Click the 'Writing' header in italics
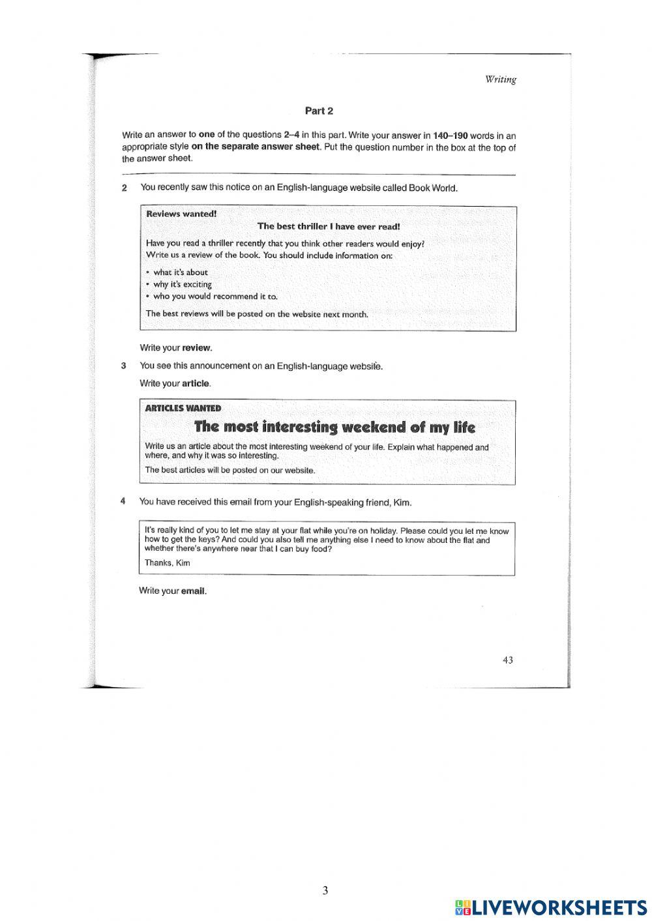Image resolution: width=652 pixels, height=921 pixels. tap(500, 80)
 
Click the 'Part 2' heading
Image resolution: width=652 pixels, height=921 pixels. tap(319, 111)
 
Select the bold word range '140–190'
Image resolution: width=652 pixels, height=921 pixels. tap(450, 136)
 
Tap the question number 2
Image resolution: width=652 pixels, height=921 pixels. tap(124, 188)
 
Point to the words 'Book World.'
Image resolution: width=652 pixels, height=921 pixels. tap(433, 188)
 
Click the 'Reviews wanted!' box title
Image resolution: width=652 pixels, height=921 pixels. tap(181, 214)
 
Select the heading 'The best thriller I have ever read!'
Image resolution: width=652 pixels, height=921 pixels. tap(329, 226)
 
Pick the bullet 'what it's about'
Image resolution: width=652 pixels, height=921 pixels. tap(180, 272)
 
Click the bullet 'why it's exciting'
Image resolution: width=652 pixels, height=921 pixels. tap(182, 284)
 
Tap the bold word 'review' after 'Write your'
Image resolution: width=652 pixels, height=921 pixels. tap(197, 348)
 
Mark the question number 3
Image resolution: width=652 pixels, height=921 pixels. tap(123, 366)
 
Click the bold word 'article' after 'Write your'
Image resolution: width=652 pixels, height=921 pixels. tap(196, 384)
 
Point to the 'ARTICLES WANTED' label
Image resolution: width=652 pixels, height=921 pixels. tap(183, 409)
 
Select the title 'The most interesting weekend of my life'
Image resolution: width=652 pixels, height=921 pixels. tap(334, 428)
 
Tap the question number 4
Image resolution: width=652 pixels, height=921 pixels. tap(123, 502)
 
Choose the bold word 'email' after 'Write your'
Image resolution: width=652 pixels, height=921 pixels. tap(194, 591)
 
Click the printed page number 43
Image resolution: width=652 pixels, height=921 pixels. tap(507, 660)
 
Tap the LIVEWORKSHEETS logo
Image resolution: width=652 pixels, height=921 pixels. tap(551, 907)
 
